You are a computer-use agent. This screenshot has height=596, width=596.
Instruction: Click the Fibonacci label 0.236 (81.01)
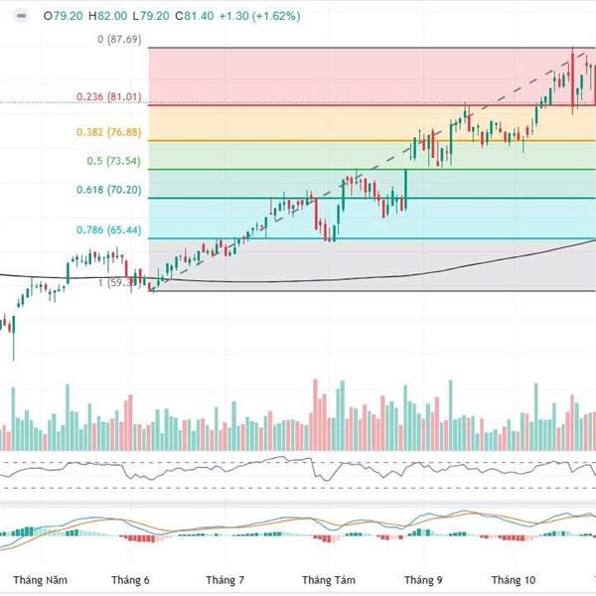tap(108, 97)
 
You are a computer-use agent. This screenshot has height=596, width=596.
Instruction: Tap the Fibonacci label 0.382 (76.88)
tap(108, 132)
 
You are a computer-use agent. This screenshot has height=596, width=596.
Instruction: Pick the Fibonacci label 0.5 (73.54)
tap(115, 161)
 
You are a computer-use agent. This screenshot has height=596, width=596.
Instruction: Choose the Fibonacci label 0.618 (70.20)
tap(108, 190)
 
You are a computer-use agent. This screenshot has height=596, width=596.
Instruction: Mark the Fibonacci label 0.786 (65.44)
tap(108, 229)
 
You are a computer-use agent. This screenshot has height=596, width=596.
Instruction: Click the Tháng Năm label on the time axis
tap(41, 579)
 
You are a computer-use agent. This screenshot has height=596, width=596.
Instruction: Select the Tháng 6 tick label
tap(130, 579)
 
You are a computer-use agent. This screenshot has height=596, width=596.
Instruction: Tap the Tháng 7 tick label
tap(225, 579)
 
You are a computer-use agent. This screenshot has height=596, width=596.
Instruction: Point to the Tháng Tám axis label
tap(328, 579)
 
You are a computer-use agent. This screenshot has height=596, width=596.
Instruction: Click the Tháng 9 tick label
tap(424, 579)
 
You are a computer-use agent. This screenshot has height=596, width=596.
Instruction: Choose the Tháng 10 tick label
tap(515, 579)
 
